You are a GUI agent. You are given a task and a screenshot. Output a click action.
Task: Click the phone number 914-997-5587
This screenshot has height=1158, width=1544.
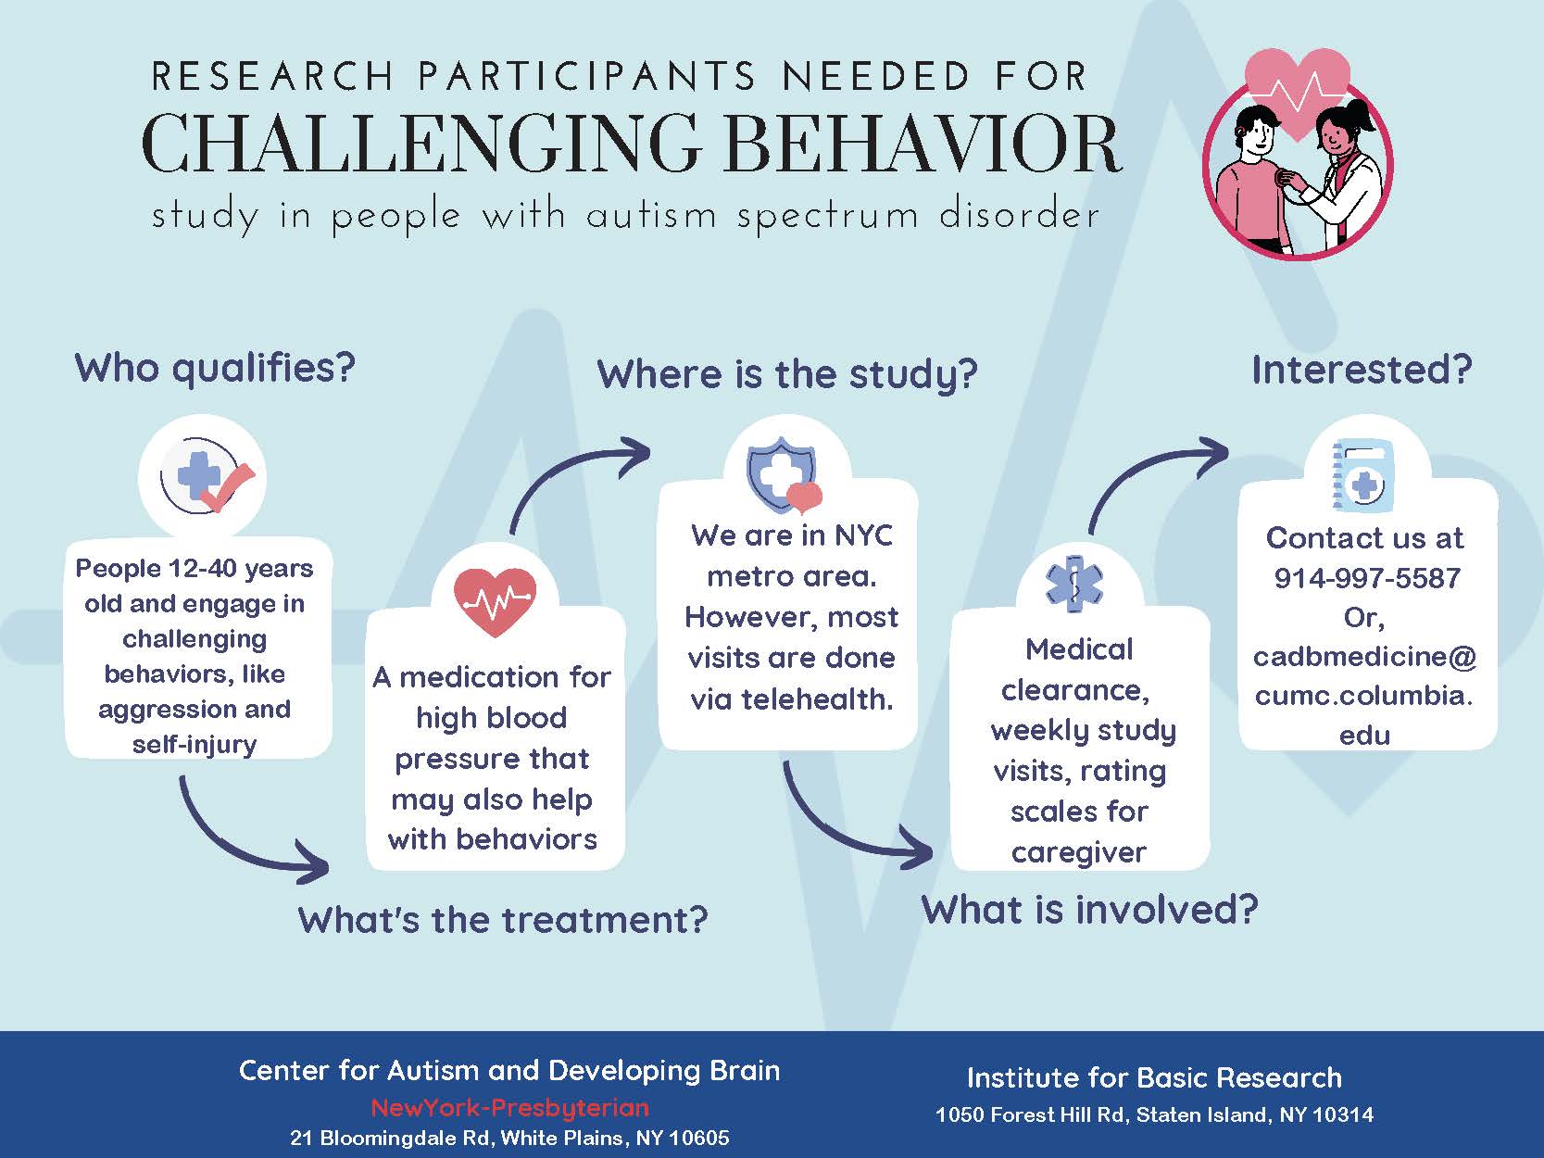[x=1366, y=578]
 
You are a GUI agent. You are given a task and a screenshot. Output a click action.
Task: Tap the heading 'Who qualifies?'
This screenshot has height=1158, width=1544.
[x=215, y=368]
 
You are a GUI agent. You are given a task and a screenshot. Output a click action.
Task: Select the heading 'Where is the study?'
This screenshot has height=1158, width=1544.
[x=787, y=374]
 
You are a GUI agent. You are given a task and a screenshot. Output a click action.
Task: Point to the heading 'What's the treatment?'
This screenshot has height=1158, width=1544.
[x=503, y=920]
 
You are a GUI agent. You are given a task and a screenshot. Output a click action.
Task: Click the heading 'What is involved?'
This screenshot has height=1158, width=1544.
[x=1089, y=910]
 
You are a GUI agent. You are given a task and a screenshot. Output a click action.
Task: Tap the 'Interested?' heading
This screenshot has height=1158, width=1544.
[x=1361, y=370]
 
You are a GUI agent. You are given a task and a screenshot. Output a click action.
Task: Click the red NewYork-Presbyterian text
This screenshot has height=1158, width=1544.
[x=509, y=1108]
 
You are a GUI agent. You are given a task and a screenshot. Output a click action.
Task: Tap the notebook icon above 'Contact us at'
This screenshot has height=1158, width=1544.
[x=1362, y=475]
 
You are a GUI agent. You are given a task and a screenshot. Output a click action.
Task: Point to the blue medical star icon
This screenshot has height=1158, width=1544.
[x=1074, y=584]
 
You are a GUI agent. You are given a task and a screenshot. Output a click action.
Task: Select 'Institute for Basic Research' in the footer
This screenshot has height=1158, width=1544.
[x=1154, y=1077]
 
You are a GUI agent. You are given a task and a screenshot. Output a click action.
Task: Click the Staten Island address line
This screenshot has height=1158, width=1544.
[x=1154, y=1114]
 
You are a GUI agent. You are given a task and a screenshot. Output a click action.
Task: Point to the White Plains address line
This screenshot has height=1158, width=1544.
[x=509, y=1138]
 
